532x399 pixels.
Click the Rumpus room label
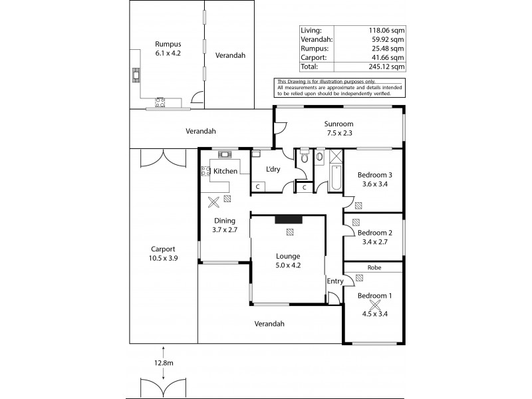click(168, 44)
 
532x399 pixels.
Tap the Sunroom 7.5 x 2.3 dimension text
click(339, 133)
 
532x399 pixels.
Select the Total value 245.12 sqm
click(386, 66)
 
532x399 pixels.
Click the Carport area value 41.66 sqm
click(388, 57)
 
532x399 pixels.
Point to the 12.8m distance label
click(164, 362)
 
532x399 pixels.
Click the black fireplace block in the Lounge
click(289, 219)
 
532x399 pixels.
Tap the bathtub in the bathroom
click(336, 178)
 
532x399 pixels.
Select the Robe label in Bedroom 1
click(374, 267)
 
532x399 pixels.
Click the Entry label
click(335, 281)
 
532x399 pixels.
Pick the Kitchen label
click(225, 171)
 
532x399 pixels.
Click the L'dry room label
click(273, 169)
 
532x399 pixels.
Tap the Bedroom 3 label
click(374, 175)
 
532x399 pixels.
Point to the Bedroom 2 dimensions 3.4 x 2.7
click(374, 242)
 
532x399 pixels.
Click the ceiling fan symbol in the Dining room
click(213, 202)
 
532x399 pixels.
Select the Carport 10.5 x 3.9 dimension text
click(163, 258)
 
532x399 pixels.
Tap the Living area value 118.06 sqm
click(386, 30)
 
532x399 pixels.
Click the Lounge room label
click(288, 256)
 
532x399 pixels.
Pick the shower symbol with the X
click(336, 156)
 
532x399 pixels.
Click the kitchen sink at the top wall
click(225, 155)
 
